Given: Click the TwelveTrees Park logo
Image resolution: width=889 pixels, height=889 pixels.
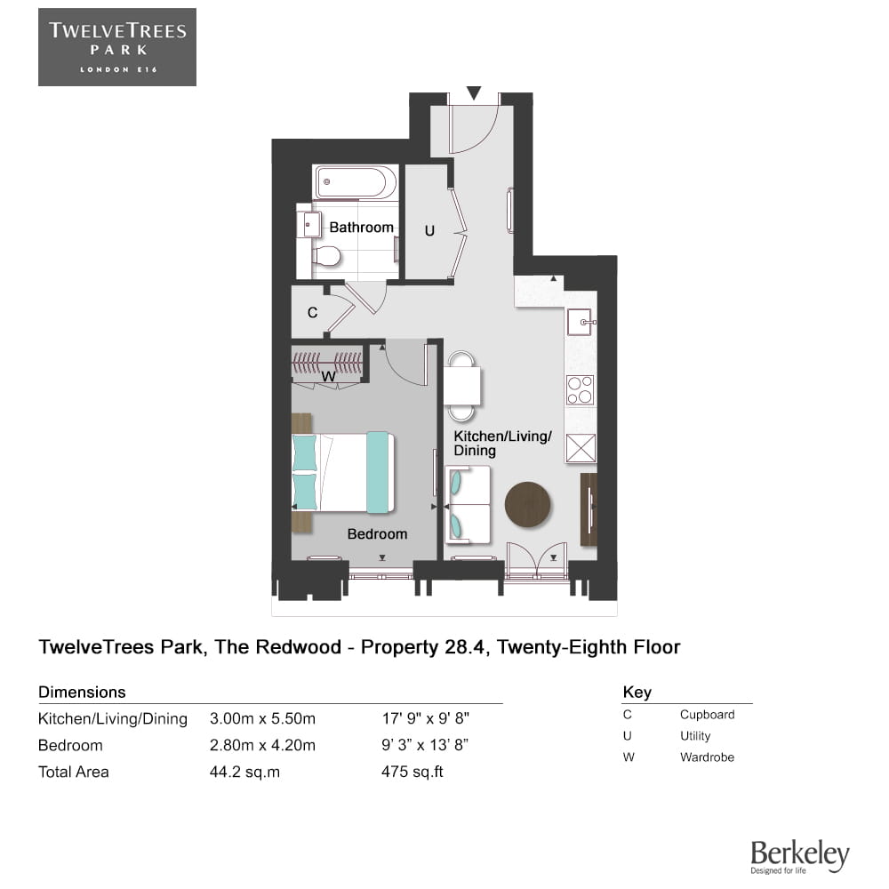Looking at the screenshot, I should tap(116, 47).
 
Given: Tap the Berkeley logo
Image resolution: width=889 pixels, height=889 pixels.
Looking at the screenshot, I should tap(799, 856).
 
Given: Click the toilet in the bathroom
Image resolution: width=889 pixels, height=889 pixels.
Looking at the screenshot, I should tap(326, 256).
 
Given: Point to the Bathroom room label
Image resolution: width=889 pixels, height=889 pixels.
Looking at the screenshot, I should tap(361, 228).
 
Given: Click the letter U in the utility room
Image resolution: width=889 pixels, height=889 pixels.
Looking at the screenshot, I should tap(429, 231).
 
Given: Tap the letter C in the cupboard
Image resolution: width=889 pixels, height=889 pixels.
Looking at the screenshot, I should tap(312, 313).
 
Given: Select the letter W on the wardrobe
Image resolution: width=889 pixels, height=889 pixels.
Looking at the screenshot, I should tap(327, 377).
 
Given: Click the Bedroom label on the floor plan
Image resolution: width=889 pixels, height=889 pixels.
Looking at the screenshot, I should tap(377, 534).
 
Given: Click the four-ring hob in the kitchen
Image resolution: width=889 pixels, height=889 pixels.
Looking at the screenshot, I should tap(580, 389).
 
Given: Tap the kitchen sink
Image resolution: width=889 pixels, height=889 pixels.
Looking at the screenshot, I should tap(581, 321).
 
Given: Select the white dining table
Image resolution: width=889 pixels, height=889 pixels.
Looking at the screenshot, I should tap(461, 386).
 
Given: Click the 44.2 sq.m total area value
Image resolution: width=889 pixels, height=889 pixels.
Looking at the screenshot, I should tap(244, 772).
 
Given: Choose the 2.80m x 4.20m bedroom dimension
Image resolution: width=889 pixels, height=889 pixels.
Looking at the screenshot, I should tap(262, 745).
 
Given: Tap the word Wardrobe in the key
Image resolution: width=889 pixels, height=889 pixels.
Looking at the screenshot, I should tap(707, 757).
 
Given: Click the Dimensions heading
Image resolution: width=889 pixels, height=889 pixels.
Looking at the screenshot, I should tap(82, 692).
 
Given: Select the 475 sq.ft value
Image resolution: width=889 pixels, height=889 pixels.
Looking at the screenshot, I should tap(412, 772).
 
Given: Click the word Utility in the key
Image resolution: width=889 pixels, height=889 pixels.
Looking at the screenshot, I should tap(694, 736).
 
